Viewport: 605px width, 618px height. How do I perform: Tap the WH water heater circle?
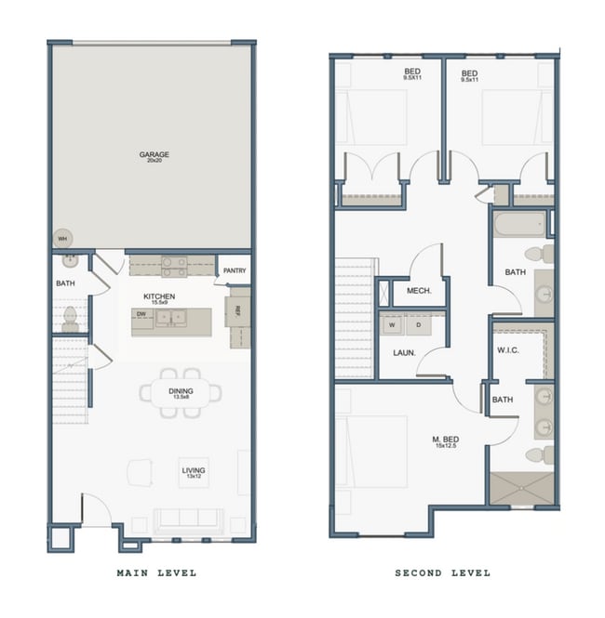(x=62, y=239)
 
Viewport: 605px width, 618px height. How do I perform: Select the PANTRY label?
(x=235, y=271)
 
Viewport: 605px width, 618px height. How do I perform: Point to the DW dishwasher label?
(x=141, y=315)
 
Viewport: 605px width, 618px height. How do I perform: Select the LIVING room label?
(x=195, y=471)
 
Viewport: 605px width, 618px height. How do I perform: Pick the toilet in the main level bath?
(x=69, y=319)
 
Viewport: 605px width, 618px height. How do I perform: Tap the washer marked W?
(x=392, y=325)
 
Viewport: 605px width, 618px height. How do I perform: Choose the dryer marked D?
(x=418, y=325)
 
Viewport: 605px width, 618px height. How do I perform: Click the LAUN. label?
(x=403, y=353)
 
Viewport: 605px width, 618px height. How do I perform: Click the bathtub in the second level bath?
(x=518, y=224)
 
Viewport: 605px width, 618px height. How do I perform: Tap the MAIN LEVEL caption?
(x=156, y=573)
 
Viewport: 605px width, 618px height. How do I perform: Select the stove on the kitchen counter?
(x=174, y=267)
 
